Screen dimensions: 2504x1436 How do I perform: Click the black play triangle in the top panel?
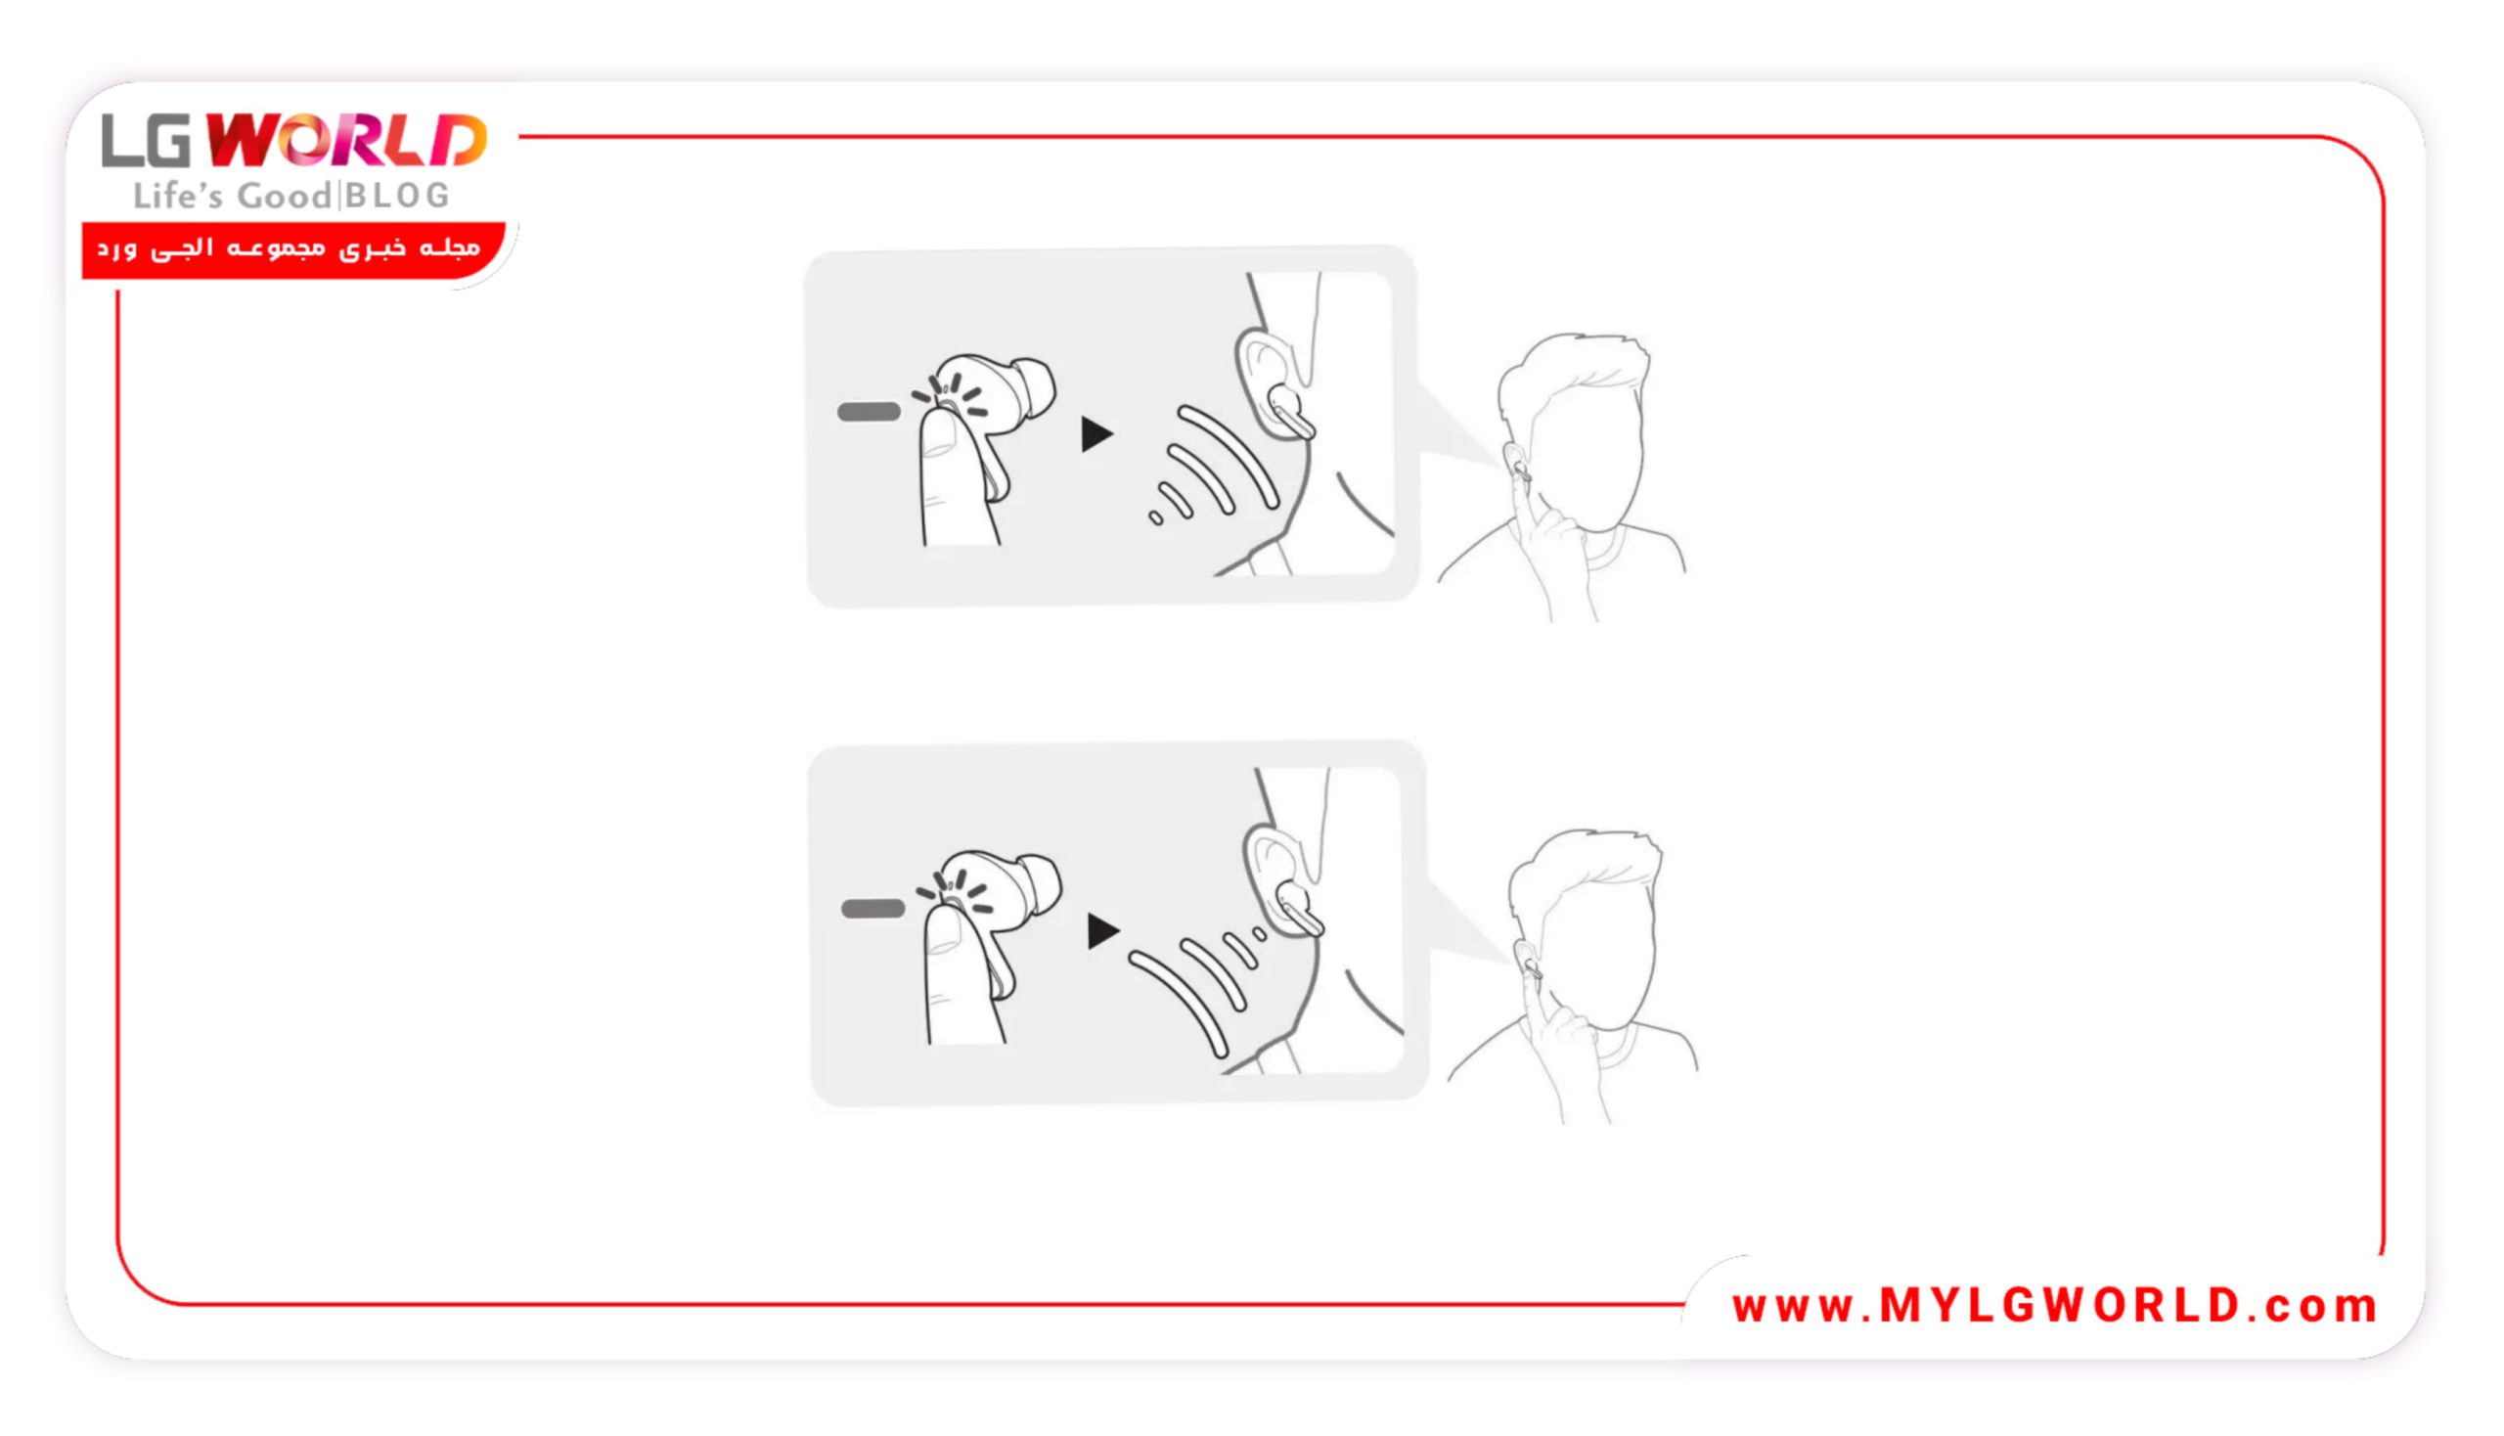pyautogui.click(x=1095, y=434)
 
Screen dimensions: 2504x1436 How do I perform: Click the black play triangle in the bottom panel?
pyautogui.click(x=1102, y=931)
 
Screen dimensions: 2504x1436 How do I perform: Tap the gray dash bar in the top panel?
pyautogui.click(x=868, y=411)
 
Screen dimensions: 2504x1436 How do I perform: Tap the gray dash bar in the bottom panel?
pyautogui.click(x=872, y=909)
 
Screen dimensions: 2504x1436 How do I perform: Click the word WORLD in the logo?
pyautogui.click(x=346, y=141)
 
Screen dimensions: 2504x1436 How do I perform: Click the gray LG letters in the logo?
pyautogui.click(x=146, y=140)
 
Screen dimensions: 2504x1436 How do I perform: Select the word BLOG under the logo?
pyautogui.click(x=397, y=196)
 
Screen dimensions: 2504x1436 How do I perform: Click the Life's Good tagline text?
pyautogui.click(x=232, y=196)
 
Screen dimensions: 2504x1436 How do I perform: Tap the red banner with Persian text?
pyautogui.click(x=292, y=249)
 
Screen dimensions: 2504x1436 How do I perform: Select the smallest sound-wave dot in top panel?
pyautogui.click(x=1155, y=517)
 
